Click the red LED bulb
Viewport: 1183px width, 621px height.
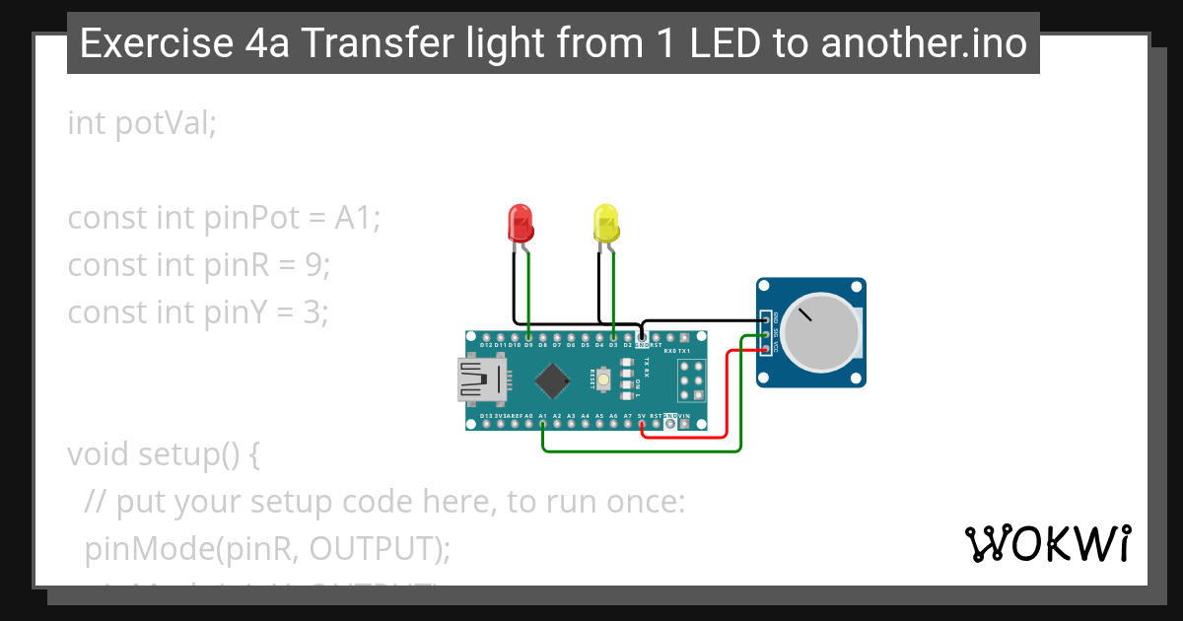click(521, 224)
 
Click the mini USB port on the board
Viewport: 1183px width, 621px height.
click(479, 379)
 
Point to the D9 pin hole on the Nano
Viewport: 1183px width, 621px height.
click(528, 337)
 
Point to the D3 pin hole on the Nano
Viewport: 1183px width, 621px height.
click(613, 337)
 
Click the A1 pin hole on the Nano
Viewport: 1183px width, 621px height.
click(543, 424)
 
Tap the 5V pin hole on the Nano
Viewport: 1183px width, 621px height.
click(642, 424)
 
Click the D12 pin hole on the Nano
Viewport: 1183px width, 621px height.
click(486, 337)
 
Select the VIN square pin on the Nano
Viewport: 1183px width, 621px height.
click(684, 424)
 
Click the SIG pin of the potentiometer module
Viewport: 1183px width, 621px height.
click(766, 335)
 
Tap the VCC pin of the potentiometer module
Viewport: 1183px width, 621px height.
click(766, 349)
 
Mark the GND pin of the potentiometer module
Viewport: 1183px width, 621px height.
click(766, 320)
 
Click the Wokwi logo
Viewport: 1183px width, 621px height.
click(1047, 543)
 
